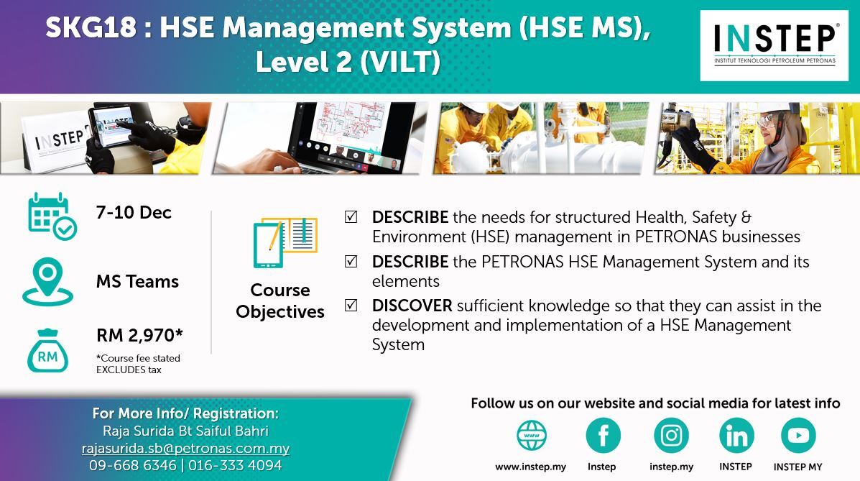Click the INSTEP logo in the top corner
point(774,45)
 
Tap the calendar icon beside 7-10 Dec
point(52,216)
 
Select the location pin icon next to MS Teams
point(47,281)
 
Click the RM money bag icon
point(47,351)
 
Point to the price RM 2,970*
point(140,335)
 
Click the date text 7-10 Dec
point(134,213)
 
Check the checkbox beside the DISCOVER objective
point(351,305)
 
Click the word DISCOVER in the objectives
point(412,306)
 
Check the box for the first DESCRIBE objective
point(351,217)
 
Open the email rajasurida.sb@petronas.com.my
point(186,448)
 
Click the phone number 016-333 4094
point(235,466)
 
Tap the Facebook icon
point(603,436)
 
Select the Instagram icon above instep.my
point(671,436)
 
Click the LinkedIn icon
point(736,436)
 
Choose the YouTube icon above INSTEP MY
point(798,436)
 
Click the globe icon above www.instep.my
point(532,436)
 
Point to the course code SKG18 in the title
point(91,27)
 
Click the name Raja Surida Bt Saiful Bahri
point(186,431)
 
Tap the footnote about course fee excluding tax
point(138,364)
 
